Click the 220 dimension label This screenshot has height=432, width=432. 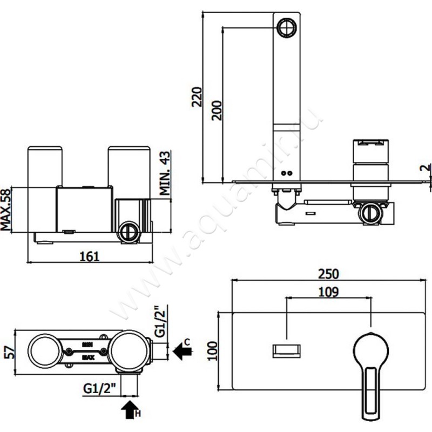coord(197,97)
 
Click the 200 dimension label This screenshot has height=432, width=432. coord(217,111)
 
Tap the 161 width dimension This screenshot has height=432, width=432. coord(90,256)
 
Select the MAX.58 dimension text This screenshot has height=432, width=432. coord(6,210)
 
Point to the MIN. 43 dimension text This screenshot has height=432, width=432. coord(165,173)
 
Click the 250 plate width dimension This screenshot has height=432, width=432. coord(328,274)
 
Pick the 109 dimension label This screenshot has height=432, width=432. coord(328,292)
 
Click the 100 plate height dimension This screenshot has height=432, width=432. coord(212,350)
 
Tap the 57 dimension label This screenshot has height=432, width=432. coord(10,352)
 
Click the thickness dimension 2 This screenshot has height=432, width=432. coord(426,167)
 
